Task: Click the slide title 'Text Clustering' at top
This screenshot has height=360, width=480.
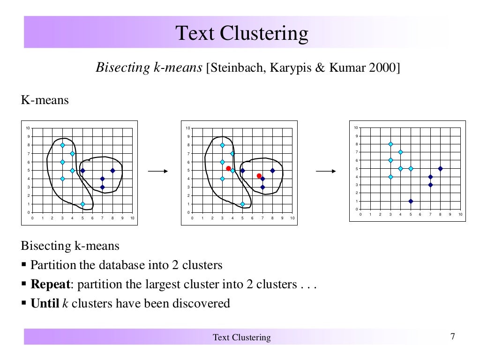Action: point(242,33)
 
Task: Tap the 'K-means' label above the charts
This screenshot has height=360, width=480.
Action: point(45,100)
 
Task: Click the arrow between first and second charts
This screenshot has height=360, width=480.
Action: point(158,172)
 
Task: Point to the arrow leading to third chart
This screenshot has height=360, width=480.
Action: point(326,172)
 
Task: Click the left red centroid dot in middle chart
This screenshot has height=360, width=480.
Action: point(228,168)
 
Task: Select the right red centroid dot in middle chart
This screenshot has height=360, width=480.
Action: point(259,176)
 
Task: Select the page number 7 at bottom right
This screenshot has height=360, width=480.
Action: point(452,336)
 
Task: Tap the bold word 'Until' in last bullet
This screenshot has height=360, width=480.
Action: point(45,303)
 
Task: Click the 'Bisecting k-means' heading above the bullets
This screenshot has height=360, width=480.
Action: point(70,246)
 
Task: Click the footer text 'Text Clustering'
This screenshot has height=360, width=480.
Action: point(241,337)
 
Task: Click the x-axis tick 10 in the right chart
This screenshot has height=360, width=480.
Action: point(460,214)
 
